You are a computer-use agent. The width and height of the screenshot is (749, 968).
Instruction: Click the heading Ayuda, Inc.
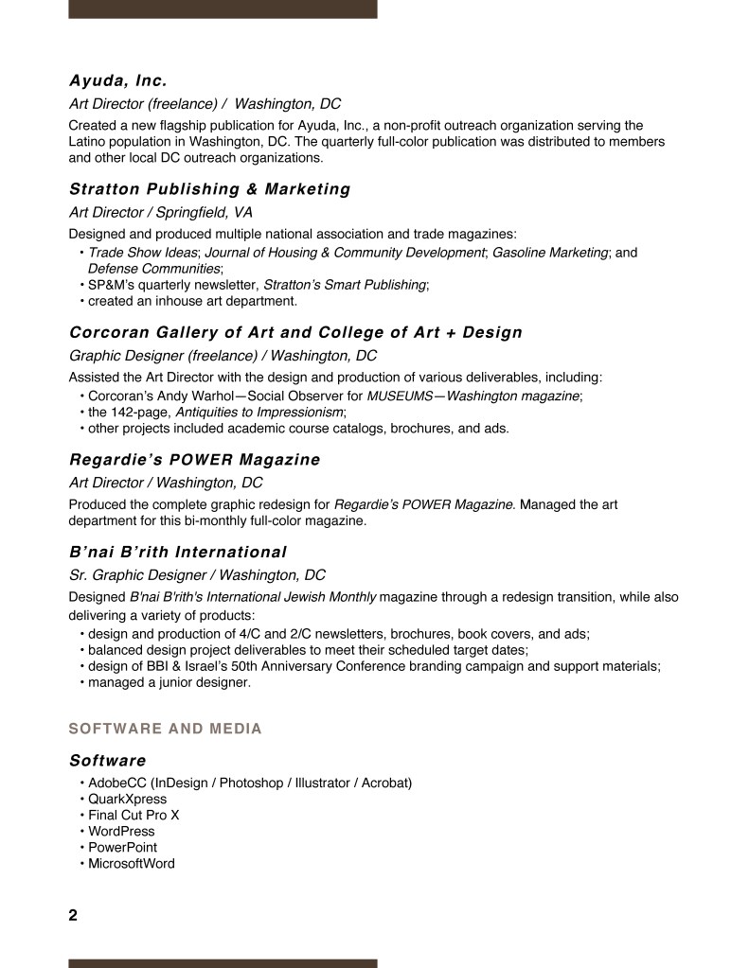pos(118,80)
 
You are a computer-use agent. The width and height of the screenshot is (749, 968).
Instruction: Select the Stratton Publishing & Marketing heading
pos(209,189)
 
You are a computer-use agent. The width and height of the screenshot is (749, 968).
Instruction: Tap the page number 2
pos(73,915)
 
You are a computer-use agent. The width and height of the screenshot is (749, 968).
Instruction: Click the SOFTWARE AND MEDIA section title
pos(165,729)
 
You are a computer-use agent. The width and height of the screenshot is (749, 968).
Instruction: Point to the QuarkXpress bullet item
pos(127,800)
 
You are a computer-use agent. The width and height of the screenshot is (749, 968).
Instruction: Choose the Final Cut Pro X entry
pos(134,816)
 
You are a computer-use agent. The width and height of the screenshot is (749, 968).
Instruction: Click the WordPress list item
pos(121,832)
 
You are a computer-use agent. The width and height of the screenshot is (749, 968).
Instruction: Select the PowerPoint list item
pos(122,848)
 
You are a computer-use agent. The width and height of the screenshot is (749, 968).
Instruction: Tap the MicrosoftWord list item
pos(131,864)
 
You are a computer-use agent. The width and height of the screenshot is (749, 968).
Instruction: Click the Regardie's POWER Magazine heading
pos(195,460)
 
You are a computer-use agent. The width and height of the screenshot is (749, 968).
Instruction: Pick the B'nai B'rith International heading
pos(178,552)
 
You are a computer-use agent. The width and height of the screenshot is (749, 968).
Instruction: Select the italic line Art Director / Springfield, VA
pos(161,213)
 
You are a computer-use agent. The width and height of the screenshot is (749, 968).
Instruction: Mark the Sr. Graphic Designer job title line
pos(197,575)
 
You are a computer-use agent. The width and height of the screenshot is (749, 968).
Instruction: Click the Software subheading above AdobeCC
pos(108,761)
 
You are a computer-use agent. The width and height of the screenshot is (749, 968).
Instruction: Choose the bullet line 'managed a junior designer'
pos(169,681)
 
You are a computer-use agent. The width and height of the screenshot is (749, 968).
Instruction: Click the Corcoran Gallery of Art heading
pos(295,333)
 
